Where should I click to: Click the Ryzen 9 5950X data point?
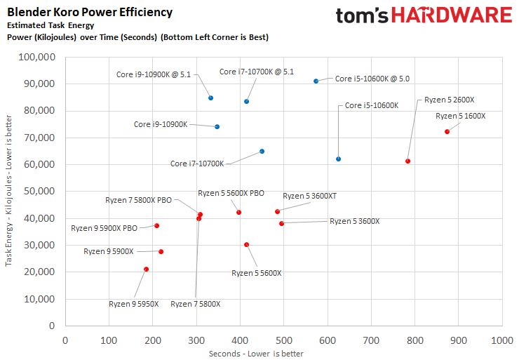click(x=146, y=269)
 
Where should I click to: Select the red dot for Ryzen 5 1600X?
click(x=447, y=132)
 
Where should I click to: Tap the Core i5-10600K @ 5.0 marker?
click(x=316, y=81)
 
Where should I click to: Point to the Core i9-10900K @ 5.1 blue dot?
click(x=210, y=98)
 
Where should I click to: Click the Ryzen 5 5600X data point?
click(x=246, y=245)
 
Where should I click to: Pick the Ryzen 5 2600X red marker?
click(x=407, y=161)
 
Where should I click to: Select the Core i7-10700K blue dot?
click(x=262, y=152)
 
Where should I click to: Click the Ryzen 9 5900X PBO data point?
click(x=156, y=226)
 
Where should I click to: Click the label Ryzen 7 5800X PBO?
click(x=138, y=200)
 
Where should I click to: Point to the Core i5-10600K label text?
click(x=372, y=105)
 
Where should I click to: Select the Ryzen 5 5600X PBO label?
click(x=231, y=193)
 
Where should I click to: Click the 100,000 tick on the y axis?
click(x=38, y=58)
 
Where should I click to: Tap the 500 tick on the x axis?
click(x=283, y=340)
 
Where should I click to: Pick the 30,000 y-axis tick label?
click(x=40, y=245)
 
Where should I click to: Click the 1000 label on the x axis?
click(x=501, y=340)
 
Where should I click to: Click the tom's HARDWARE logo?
click(x=423, y=17)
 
